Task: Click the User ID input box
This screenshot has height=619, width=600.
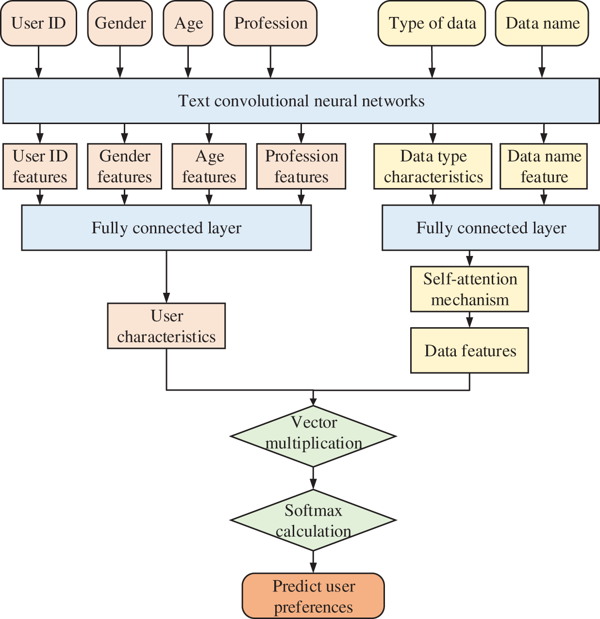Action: coord(38,23)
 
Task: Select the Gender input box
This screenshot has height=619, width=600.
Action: coord(120,23)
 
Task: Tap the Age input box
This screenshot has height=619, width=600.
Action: coord(188,23)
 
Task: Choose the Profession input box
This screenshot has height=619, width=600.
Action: coord(270,23)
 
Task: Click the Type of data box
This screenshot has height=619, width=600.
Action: coord(432,23)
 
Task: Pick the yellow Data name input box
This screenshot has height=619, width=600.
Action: coord(542,23)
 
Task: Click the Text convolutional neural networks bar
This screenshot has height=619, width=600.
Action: coord(301,101)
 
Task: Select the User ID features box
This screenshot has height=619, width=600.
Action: coord(40,166)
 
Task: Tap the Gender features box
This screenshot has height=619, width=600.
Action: coord(124,166)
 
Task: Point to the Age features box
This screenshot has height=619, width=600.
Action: coord(209,166)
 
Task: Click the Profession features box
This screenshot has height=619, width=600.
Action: coord(301,166)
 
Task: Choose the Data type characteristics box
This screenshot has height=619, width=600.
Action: coord(433,166)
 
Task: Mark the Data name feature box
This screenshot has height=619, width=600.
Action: coord(544,166)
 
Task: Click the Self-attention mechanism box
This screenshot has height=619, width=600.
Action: coord(469,289)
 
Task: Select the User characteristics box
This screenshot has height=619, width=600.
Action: coord(167,326)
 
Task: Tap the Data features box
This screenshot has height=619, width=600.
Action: coord(469,350)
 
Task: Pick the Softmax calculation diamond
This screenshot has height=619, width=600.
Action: coord(313,521)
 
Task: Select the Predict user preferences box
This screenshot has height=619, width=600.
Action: coord(313,596)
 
